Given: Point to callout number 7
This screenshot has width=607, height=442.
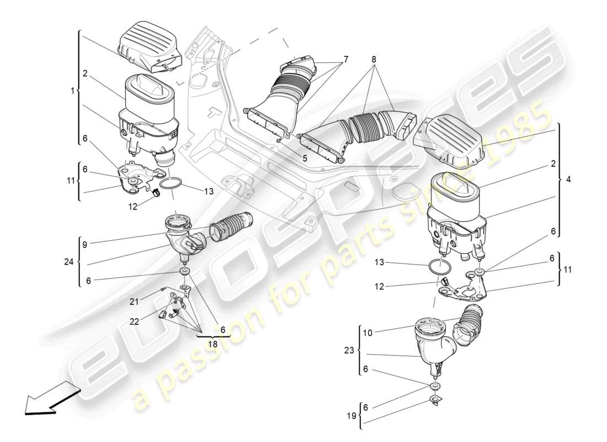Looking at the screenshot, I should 346,59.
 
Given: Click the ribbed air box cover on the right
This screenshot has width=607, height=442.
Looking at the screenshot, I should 453,141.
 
